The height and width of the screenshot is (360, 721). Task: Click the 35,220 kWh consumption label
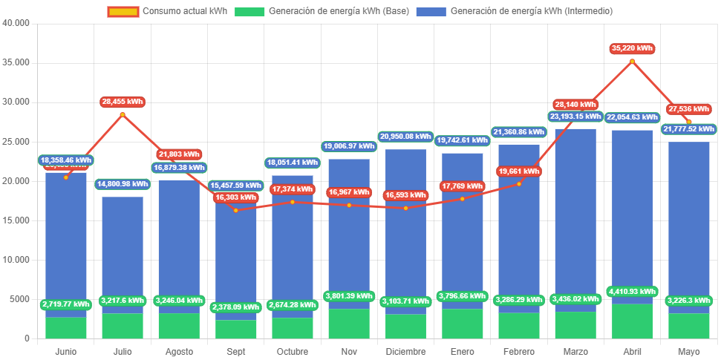pos(632,48)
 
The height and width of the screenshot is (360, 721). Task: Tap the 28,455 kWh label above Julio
pos(123,102)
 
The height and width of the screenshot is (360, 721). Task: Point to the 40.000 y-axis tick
pos(16,22)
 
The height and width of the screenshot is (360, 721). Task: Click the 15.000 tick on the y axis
pos(16,220)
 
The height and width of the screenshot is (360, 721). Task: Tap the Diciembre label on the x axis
pos(405,351)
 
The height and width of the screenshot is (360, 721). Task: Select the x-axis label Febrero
pos(518,351)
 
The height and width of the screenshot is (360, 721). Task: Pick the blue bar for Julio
pos(123,245)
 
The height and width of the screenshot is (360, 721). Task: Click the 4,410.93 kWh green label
pos(632,292)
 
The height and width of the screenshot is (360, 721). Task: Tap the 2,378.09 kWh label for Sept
pos(235,307)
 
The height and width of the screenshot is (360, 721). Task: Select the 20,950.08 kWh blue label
pos(405,137)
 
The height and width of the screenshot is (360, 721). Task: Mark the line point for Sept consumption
pos(235,210)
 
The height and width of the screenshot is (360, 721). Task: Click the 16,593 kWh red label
pos(405,195)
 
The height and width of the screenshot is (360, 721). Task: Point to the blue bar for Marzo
pos(575,223)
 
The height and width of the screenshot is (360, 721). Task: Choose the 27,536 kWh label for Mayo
pos(689,109)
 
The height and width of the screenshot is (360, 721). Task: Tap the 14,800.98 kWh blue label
pos(123,184)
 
